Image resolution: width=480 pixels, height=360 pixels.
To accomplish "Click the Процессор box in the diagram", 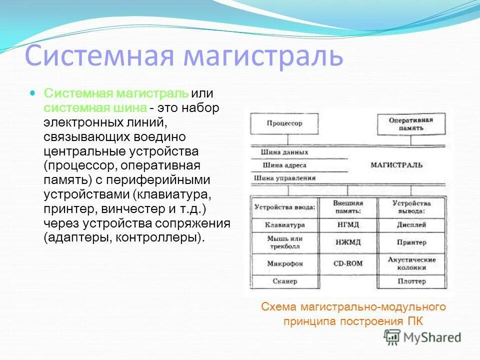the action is coord(284,123).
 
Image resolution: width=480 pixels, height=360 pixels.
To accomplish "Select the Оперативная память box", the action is coord(411,123).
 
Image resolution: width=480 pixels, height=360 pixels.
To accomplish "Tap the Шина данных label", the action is coord(284,152).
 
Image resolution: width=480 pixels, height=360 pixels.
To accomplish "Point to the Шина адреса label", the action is coord(283,165).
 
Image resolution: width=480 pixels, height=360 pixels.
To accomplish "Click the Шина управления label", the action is coord(284,177).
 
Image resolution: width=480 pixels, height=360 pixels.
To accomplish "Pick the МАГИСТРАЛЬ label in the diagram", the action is coord(396,164).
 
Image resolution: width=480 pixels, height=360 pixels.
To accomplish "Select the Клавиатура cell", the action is coord(284,225).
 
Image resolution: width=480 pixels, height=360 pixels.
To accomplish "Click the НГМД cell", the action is coord(348,225).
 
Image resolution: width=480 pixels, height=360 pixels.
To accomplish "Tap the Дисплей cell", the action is coord(411,225).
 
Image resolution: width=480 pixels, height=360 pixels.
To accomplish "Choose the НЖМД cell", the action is coord(348,242).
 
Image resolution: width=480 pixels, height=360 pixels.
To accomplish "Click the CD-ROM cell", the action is coord(348,263).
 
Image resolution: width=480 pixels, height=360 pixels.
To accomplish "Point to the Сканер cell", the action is coord(284,281).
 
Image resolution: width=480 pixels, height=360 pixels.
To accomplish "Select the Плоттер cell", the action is coord(411,281).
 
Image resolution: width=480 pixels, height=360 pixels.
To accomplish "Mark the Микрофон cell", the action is coord(284,263).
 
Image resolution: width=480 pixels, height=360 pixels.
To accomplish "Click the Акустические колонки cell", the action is coord(411,263).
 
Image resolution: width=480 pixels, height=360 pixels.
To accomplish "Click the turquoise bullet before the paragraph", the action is coord(33,93).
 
